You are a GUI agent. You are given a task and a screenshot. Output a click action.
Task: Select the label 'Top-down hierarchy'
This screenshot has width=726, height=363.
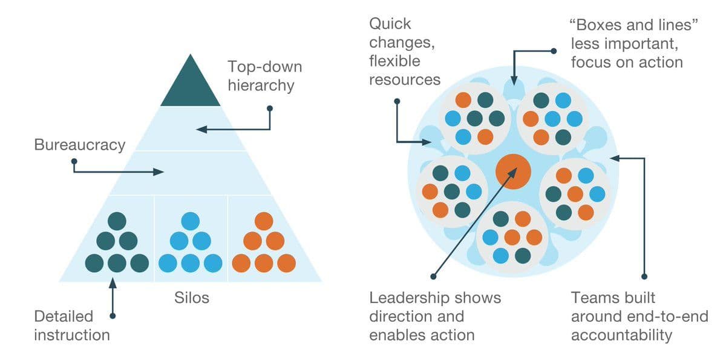tap(264, 75)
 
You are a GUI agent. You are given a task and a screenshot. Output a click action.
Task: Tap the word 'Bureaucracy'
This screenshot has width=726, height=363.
tap(80, 145)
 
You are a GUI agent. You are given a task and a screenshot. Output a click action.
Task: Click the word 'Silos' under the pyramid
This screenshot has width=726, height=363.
tap(192, 297)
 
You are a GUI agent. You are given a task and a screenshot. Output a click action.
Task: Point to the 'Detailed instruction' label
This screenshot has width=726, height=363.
tap(71, 325)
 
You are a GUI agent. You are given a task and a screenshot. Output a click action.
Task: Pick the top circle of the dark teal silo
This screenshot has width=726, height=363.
tap(117, 221)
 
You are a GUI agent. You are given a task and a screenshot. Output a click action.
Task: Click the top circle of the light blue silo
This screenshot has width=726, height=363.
tap(190, 221)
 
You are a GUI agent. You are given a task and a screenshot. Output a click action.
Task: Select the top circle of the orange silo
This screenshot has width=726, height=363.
tap(264, 221)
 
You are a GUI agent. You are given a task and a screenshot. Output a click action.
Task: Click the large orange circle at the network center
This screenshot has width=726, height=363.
tap(513, 170)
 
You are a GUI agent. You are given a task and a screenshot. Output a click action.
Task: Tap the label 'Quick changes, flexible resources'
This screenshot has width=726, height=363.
tap(404, 52)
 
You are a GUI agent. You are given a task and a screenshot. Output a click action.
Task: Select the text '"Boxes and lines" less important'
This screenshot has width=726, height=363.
tap(626, 43)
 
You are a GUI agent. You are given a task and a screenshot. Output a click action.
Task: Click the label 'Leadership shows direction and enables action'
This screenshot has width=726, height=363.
tap(435, 316)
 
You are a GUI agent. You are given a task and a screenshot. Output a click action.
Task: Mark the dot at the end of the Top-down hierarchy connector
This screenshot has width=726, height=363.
tap(270, 108)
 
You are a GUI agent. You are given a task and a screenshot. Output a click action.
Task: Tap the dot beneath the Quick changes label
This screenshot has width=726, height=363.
tap(397, 101)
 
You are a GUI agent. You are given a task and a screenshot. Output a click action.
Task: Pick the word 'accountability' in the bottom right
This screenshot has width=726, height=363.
tap(621, 335)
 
